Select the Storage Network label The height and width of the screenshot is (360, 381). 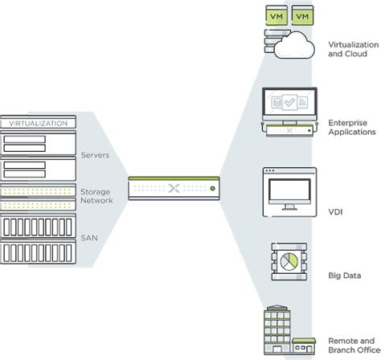click(x=96, y=197)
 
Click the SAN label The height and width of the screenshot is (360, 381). click(x=88, y=239)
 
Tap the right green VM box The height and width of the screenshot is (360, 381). click(x=302, y=16)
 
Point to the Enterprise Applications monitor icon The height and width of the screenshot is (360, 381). click(x=288, y=105)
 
